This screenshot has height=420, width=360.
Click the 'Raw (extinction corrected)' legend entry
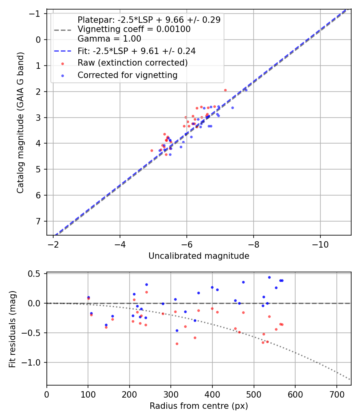coord(132,63)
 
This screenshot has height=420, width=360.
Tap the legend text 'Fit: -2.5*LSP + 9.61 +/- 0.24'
coord(136,51)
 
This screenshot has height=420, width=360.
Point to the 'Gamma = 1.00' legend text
coord(109,39)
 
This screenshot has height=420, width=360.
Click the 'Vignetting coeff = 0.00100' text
coord(134,29)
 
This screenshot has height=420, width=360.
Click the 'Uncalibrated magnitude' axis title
coord(199,256)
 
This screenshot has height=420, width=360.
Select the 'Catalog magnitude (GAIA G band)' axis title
coord(20,122)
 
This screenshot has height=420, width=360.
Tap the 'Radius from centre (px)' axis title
coord(199,406)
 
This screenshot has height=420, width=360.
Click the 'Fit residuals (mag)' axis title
coord(12,329)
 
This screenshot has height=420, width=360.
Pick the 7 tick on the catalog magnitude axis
coord(39,221)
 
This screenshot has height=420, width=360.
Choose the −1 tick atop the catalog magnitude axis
coord(37,14)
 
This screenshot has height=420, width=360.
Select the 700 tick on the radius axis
coord(336,394)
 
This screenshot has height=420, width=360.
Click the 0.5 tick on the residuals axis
coord(36,274)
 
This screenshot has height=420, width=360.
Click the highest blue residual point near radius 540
coord(269,277)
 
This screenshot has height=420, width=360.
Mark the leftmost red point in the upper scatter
coord(152,150)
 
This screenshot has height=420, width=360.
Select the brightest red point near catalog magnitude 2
coord(225,90)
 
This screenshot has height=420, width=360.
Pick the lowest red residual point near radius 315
coord(177,344)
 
